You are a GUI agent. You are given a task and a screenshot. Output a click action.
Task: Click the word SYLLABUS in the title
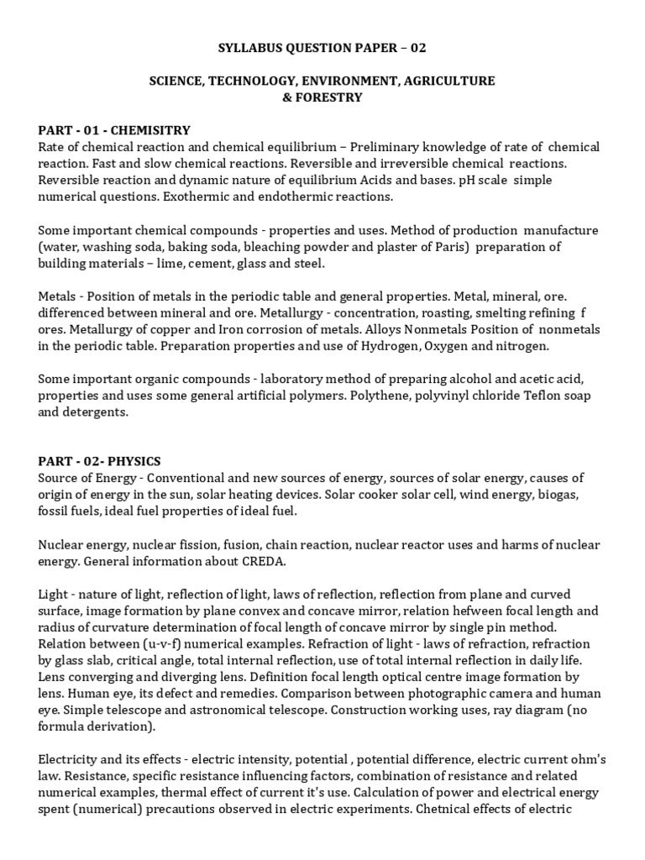pyautogui.click(x=246, y=48)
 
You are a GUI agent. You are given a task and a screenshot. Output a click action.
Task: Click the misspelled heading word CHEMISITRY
pyautogui.click(x=151, y=130)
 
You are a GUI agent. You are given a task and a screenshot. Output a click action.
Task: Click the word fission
pyautogui.click(x=202, y=544)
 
